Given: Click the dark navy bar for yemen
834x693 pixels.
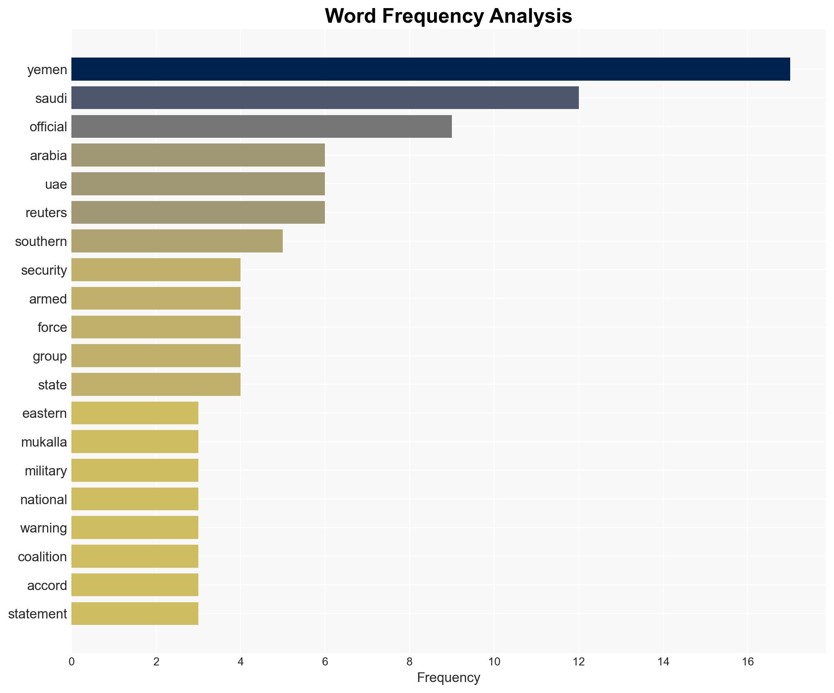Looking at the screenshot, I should pos(430,69).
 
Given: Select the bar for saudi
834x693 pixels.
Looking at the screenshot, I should pos(325,98).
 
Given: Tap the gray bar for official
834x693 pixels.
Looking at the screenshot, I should pos(262,126).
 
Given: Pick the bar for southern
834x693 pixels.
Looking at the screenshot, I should pos(177,241).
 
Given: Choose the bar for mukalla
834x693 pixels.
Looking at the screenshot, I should pos(135,442).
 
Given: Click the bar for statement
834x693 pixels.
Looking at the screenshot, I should pos(135,614).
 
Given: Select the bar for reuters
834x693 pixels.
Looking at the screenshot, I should pos(198,212).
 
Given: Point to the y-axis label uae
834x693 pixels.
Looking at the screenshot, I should pos(56,184).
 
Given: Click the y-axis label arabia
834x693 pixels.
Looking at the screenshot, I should pos(48,156).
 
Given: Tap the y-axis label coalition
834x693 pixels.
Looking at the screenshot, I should pos(42,557).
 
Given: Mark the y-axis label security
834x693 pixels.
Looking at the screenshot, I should pos(44,270).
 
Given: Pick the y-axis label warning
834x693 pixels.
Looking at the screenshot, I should pos(43,528).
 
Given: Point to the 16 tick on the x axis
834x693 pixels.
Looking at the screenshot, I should pos(748,662).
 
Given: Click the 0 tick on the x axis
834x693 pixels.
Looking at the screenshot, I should pos(72,662).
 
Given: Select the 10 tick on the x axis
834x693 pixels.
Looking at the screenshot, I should pos(494,662).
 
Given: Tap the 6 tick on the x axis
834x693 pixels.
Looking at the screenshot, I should pos(325,662).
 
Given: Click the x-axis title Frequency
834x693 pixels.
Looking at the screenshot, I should pos(448,678).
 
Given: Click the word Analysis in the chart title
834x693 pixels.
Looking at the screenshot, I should pos(531,17).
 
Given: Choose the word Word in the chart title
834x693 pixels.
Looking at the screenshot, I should pos(350,17).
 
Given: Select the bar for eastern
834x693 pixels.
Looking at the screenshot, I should pos(135,413).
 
